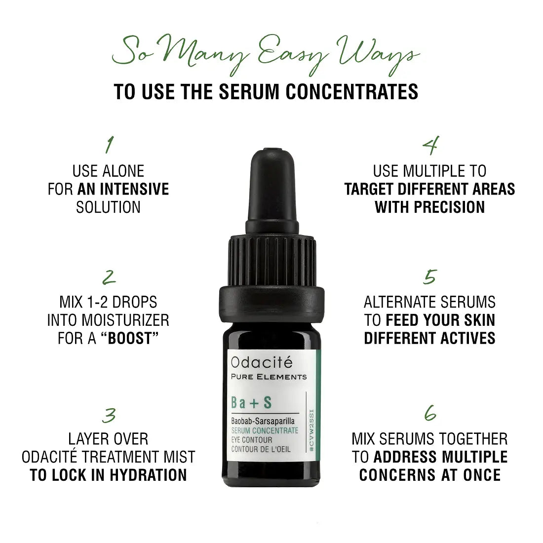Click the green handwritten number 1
point(110,145)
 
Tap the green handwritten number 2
point(109,277)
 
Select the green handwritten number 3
point(109,415)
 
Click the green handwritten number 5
point(430,277)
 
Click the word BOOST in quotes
point(130,338)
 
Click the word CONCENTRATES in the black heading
point(352,91)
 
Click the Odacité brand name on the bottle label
point(262,362)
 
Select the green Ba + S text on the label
point(251,403)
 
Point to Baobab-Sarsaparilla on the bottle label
point(263,421)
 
